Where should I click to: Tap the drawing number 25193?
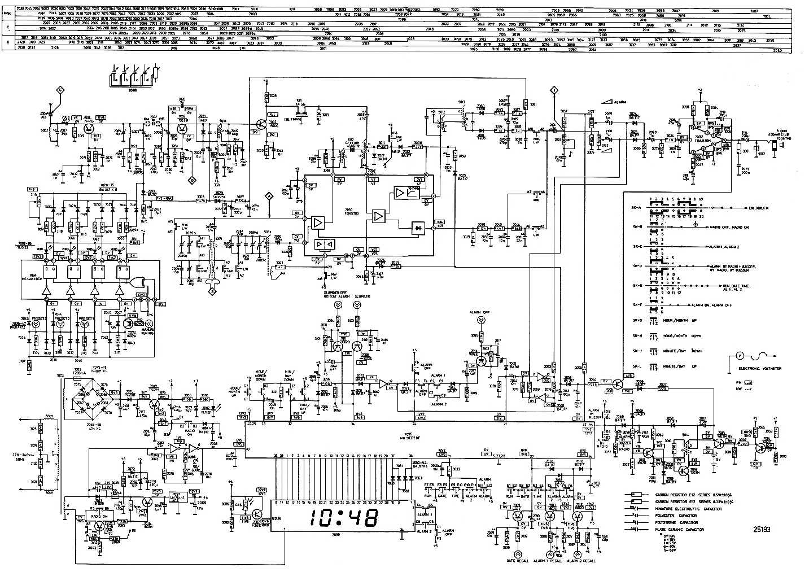764,529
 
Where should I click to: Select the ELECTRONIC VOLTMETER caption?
760,369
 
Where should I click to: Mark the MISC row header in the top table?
7,12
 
